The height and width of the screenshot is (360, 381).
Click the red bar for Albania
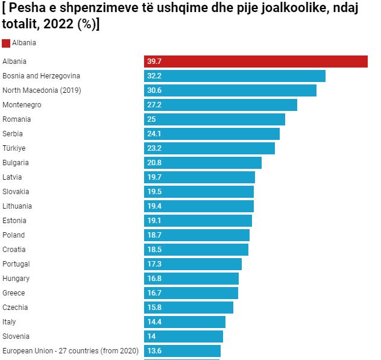tap(256, 62)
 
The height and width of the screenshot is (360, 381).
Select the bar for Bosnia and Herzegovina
tap(235, 76)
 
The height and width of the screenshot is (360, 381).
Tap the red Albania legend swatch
tap(6, 43)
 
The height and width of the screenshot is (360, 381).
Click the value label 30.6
tap(154, 90)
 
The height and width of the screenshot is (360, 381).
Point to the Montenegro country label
tap(22, 105)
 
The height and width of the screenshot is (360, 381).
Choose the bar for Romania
tap(214, 119)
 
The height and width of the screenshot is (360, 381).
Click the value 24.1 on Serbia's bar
tap(154, 134)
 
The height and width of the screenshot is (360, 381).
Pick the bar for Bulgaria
tap(203, 163)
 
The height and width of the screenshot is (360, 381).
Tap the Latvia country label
tap(12, 177)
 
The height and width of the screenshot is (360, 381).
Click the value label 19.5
tap(154, 192)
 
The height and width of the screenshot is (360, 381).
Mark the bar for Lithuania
tap(198, 206)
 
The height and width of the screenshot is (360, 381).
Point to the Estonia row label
tap(14, 221)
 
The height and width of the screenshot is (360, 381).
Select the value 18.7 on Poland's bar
tap(154, 235)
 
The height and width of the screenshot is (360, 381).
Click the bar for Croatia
tap(196, 250)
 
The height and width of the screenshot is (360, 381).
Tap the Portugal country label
tap(16, 264)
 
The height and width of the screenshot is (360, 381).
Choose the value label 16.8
tap(154, 279)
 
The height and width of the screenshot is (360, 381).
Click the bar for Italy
tap(184, 322)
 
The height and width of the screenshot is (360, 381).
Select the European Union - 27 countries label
tap(71, 351)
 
